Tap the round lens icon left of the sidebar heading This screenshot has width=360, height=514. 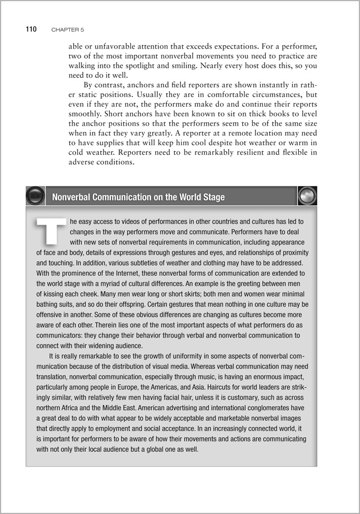tap(36, 196)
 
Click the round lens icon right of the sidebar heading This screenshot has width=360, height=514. tap(307, 196)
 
